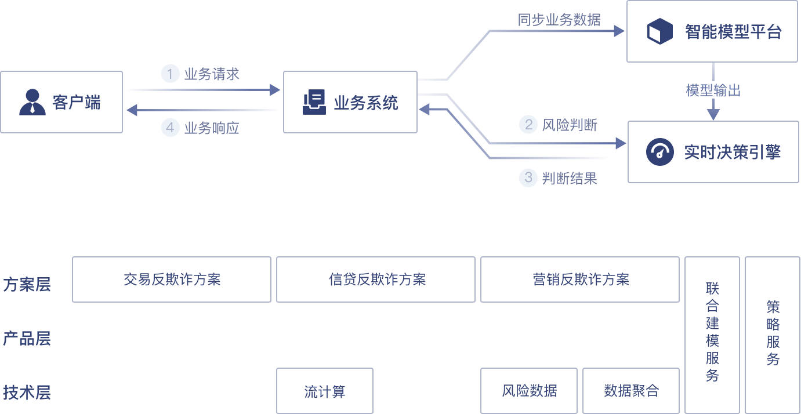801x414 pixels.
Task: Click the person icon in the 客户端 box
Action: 32,102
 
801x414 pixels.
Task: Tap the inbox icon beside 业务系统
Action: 314,103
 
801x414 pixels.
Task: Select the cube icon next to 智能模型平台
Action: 659,31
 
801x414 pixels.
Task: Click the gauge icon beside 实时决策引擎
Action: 659,152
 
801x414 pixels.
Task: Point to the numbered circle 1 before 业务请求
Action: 170,74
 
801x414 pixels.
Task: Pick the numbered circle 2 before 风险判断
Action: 528,125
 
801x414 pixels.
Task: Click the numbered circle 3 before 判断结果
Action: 528,177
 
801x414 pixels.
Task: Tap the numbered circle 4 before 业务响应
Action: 170,128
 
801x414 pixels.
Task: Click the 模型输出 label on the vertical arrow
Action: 713,91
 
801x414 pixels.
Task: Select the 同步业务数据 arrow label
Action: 559,20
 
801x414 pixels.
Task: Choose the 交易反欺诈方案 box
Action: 172,279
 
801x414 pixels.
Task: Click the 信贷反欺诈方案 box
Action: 376,279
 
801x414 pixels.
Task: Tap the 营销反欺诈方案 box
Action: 580,279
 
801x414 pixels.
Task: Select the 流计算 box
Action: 325,391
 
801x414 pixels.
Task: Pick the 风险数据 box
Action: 529,391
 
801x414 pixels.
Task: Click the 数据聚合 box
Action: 631,391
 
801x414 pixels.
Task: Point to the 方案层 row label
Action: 27,285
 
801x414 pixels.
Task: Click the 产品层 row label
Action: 27,339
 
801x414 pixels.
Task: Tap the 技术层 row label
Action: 27,393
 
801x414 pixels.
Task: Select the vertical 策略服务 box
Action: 773,333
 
